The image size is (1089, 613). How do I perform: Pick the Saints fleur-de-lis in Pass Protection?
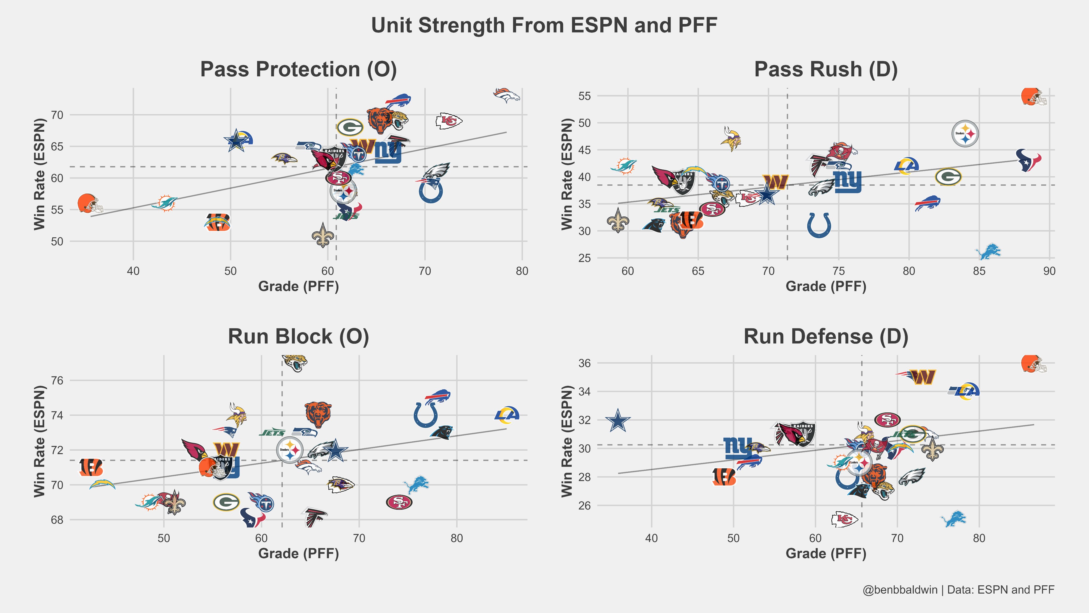[x=322, y=236]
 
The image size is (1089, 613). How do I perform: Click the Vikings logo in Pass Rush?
[x=731, y=139]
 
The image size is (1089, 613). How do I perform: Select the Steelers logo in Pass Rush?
[x=965, y=134]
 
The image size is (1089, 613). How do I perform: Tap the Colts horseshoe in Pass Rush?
[x=819, y=225]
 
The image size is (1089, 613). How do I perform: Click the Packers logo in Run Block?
[x=226, y=502]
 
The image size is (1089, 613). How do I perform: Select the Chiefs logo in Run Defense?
[x=844, y=519]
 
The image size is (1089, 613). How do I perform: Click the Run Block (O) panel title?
[x=299, y=337]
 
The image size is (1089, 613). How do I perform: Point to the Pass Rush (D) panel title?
[x=826, y=69]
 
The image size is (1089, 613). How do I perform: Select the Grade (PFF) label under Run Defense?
[x=826, y=553]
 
